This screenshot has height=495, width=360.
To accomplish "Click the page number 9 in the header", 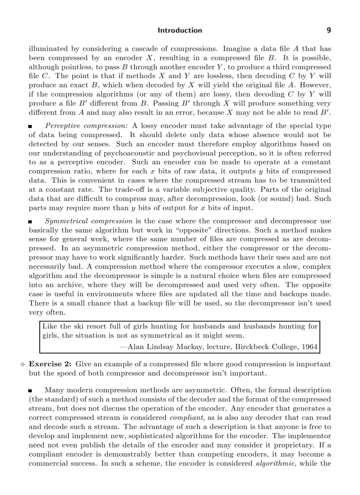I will click(x=329, y=30).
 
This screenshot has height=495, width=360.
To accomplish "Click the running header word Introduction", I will click(x=180, y=30).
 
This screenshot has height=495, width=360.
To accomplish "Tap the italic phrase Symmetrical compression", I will click(x=89, y=221).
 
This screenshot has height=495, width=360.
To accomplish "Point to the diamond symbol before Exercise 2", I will click(x=23, y=365).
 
